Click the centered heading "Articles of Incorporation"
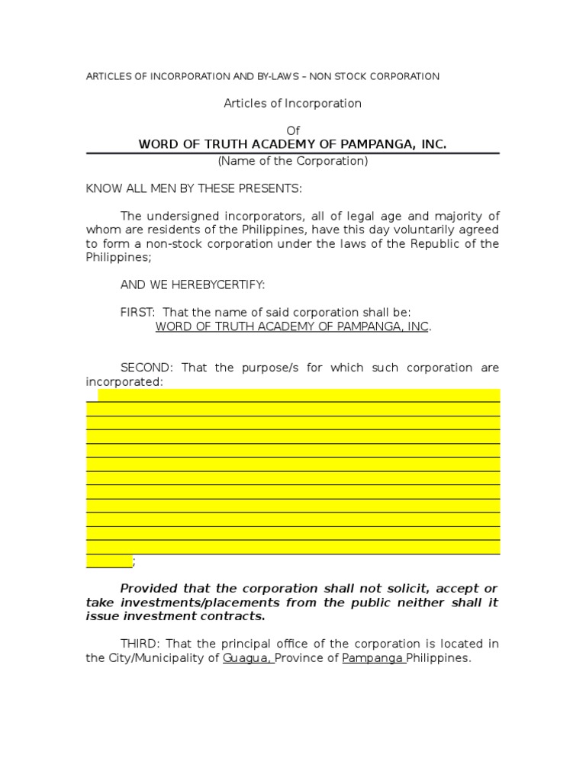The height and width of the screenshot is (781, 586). [x=292, y=103]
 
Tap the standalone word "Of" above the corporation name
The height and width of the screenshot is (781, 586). [x=293, y=131]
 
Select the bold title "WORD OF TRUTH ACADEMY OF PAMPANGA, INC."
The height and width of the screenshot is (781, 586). [x=292, y=144]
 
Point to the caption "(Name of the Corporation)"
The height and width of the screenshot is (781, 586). [x=293, y=161]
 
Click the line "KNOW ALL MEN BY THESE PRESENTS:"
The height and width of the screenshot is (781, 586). [x=194, y=188]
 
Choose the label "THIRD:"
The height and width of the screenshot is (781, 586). [x=140, y=644]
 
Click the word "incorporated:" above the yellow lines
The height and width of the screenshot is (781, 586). [x=124, y=381]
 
